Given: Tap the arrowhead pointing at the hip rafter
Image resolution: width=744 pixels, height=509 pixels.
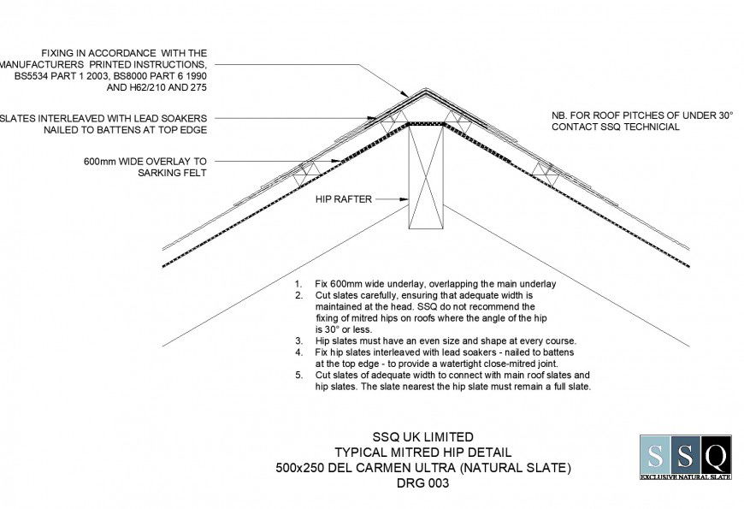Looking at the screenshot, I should pos(404,199).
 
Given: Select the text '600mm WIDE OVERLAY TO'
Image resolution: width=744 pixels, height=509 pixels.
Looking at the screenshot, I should pos(145,160).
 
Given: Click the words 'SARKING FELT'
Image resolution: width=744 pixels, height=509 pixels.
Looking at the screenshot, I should pos(172,172).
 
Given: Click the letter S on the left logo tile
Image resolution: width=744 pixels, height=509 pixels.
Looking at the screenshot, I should pos(655,453).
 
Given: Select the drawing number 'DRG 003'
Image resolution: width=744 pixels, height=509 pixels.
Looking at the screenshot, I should pos(422,483).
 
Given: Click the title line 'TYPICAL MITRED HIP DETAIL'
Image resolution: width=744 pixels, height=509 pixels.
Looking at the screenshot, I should pos(422,453).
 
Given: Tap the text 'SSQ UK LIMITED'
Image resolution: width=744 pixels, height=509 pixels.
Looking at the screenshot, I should pos(422,437).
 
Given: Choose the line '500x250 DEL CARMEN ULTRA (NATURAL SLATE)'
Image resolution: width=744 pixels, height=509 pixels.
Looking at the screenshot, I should pos(422,468).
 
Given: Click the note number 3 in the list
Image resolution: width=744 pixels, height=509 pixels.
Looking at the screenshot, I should pos(298,340).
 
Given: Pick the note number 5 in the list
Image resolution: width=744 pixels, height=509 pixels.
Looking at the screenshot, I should pos(298,376).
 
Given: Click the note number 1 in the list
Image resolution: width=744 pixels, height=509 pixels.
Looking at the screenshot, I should pos(298,283).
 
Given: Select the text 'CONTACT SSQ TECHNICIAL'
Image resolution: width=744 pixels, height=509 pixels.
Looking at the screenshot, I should pos(617,127).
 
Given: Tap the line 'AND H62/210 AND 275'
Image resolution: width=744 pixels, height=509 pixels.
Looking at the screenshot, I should pos(156,87).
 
